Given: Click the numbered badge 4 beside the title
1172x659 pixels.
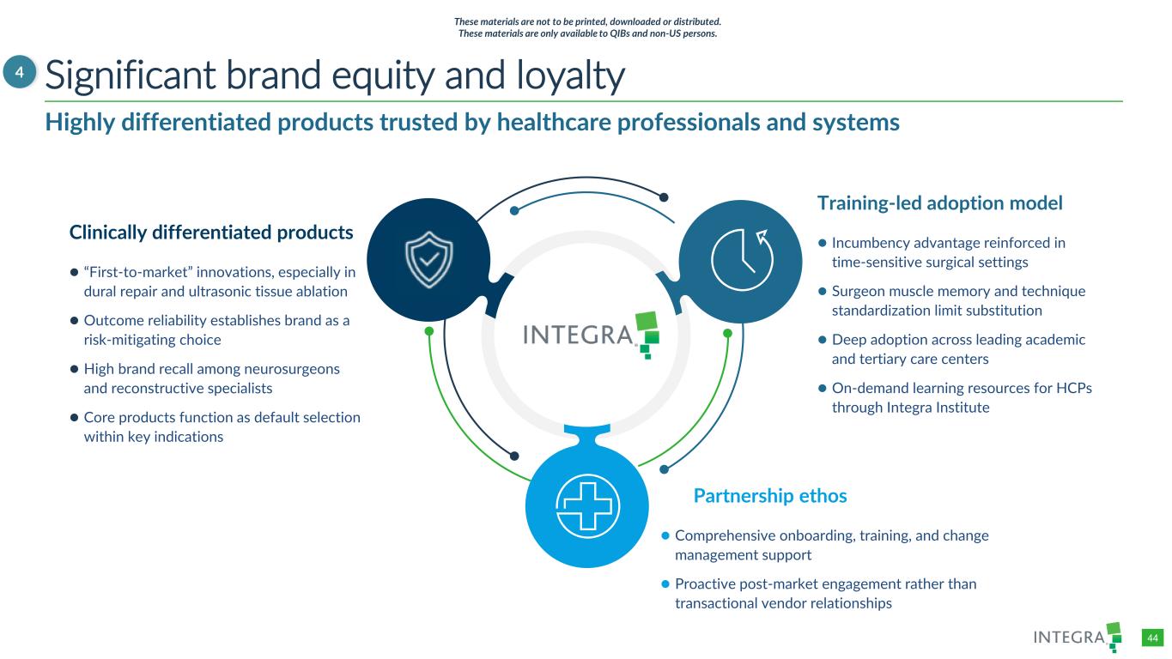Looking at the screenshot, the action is (x=20, y=72).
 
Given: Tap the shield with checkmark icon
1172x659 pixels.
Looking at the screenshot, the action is (x=429, y=259).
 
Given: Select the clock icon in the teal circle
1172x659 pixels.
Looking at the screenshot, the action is (x=742, y=259).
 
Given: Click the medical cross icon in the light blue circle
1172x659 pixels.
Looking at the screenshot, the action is (x=587, y=505).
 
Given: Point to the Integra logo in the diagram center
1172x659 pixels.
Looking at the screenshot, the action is (x=592, y=335).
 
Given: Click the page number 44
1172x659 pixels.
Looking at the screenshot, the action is (x=1152, y=638).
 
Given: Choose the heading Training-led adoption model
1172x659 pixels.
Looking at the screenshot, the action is (x=939, y=203).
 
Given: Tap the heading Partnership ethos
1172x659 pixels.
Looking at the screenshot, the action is (x=769, y=495).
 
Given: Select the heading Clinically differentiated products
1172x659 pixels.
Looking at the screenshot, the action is (x=211, y=233).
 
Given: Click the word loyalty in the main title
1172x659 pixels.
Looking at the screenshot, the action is (x=570, y=76).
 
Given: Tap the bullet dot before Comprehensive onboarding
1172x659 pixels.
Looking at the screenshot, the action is (x=665, y=535).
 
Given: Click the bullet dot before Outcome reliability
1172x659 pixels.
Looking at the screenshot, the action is (x=75, y=321).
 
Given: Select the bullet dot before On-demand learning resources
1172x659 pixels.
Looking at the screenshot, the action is (x=822, y=388).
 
